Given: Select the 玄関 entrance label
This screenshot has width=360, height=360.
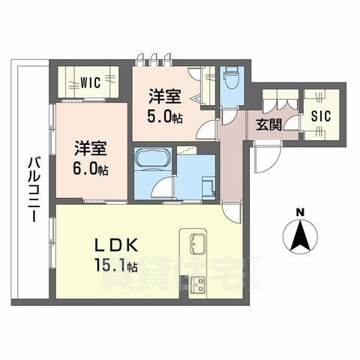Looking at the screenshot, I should pyautogui.click(x=269, y=124).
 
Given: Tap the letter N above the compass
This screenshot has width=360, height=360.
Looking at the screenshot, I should pyautogui.click(x=299, y=212).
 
